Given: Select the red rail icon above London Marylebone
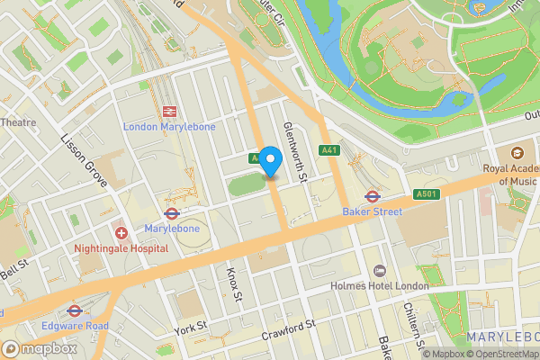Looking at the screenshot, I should pos(168,111).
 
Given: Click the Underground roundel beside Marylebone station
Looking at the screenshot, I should pos(172,213).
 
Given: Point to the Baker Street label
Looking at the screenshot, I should pos(372,211).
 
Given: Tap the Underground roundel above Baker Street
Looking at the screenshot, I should pos(371,195).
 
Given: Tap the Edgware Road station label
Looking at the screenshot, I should pos(75,325).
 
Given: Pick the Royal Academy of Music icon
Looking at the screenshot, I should pos(517,154).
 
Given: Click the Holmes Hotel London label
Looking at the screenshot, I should pos(381,286).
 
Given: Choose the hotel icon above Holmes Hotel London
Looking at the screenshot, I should pos(380,271).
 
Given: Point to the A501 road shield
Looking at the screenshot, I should pos(426,194).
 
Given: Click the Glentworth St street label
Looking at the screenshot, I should pos(295,154).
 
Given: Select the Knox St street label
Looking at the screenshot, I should pos(234,283).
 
